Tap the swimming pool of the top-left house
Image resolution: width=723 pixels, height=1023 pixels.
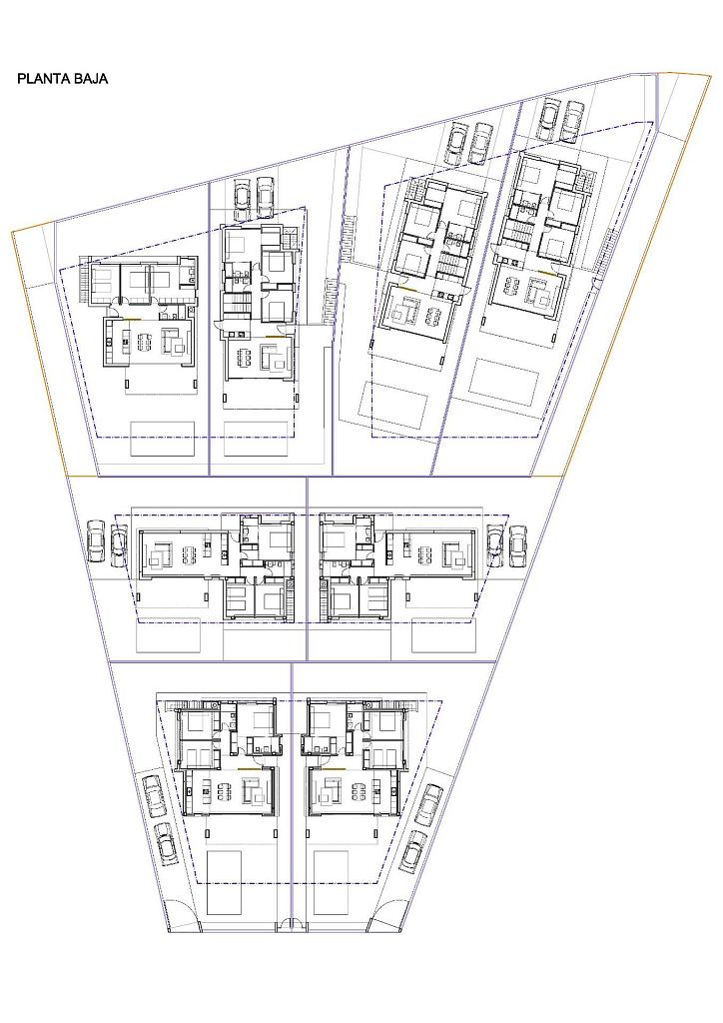pyautogui.click(x=163, y=439)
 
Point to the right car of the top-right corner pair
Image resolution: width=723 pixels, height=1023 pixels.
pyautogui.click(x=573, y=120)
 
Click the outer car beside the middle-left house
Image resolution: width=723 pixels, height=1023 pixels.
pyautogui.click(x=97, y=539)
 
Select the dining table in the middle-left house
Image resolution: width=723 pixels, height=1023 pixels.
pyautogui.click(x=190, y=553)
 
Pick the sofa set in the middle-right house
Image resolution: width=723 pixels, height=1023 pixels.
pyautogui.click(x=455, y=554)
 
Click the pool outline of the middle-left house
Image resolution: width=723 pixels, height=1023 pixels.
pyautogui.click(x=168, y=636)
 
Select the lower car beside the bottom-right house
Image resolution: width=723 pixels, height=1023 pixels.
pyautogui.click(x=412, y=850)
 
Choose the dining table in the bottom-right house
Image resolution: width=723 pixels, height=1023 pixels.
pyautogui.click(x=360, y=792)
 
